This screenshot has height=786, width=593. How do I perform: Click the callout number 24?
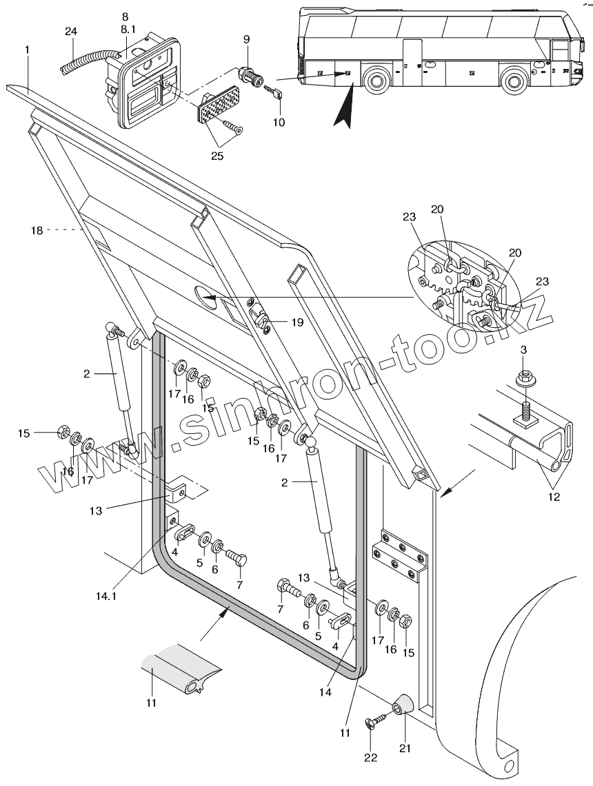(x=71, y=32)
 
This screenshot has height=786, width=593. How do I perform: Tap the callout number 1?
(x=27, y=50)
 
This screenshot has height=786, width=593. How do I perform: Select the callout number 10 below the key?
(x=279, y=122)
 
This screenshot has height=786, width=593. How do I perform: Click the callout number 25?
(x=217, y=156)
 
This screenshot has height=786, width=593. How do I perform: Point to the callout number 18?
(x=37, y=230)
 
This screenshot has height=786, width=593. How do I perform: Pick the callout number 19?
(x=297, y=322)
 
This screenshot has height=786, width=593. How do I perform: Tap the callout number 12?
(x=554, y=497)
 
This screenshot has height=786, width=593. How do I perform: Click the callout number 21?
(x=405, y=748)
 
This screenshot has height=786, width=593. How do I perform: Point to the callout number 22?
(x=370, y=758)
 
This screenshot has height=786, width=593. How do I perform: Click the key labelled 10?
(x=273, y=92)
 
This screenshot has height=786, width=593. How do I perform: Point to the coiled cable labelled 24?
(x=88, y=59)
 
